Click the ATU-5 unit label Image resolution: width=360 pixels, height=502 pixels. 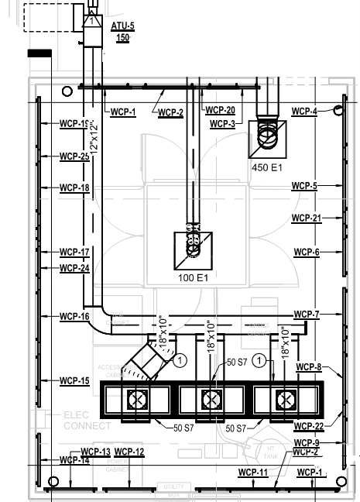pos(122,26)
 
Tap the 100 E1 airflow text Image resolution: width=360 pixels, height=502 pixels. pos(194,277)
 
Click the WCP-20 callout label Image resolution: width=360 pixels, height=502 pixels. pos(220,110)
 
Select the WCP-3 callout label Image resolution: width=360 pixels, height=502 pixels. pos(222,124)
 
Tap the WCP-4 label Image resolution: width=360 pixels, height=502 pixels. pos(304,112)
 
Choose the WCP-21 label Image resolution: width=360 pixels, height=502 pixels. pos(306,218)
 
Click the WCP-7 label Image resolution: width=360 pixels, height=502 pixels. pos(307,314)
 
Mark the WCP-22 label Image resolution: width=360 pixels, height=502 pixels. pos(308,426)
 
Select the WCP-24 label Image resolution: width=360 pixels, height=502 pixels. pos(74,268)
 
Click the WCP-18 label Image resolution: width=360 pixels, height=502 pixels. pos(74,187)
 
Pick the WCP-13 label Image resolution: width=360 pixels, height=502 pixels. pos(95,452)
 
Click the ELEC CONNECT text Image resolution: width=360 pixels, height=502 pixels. pos(87,421)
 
